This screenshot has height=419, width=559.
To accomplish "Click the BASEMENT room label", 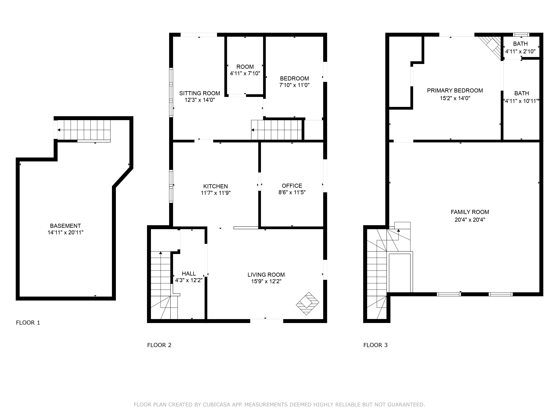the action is click(x=65, y=226).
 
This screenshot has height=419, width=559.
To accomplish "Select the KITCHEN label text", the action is click(x=215, y=186).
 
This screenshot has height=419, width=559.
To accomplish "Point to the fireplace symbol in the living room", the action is click(x=308, y=304).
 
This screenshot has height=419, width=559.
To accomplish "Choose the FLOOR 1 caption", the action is click(x=28, y=322).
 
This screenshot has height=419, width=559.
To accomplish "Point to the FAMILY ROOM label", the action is click(x=470, y=212).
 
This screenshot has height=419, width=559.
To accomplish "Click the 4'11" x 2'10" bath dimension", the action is click(x=520, y=52).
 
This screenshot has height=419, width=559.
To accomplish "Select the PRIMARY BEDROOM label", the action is click(x=455, y=90).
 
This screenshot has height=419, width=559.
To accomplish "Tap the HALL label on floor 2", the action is click(x=189, y=273).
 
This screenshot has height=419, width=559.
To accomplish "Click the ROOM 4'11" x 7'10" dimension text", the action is click(x=245, y=73).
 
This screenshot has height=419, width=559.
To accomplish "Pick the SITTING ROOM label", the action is click(x=200, y=93).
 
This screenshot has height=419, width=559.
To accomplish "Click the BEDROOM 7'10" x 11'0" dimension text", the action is click(x=294, y=85).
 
